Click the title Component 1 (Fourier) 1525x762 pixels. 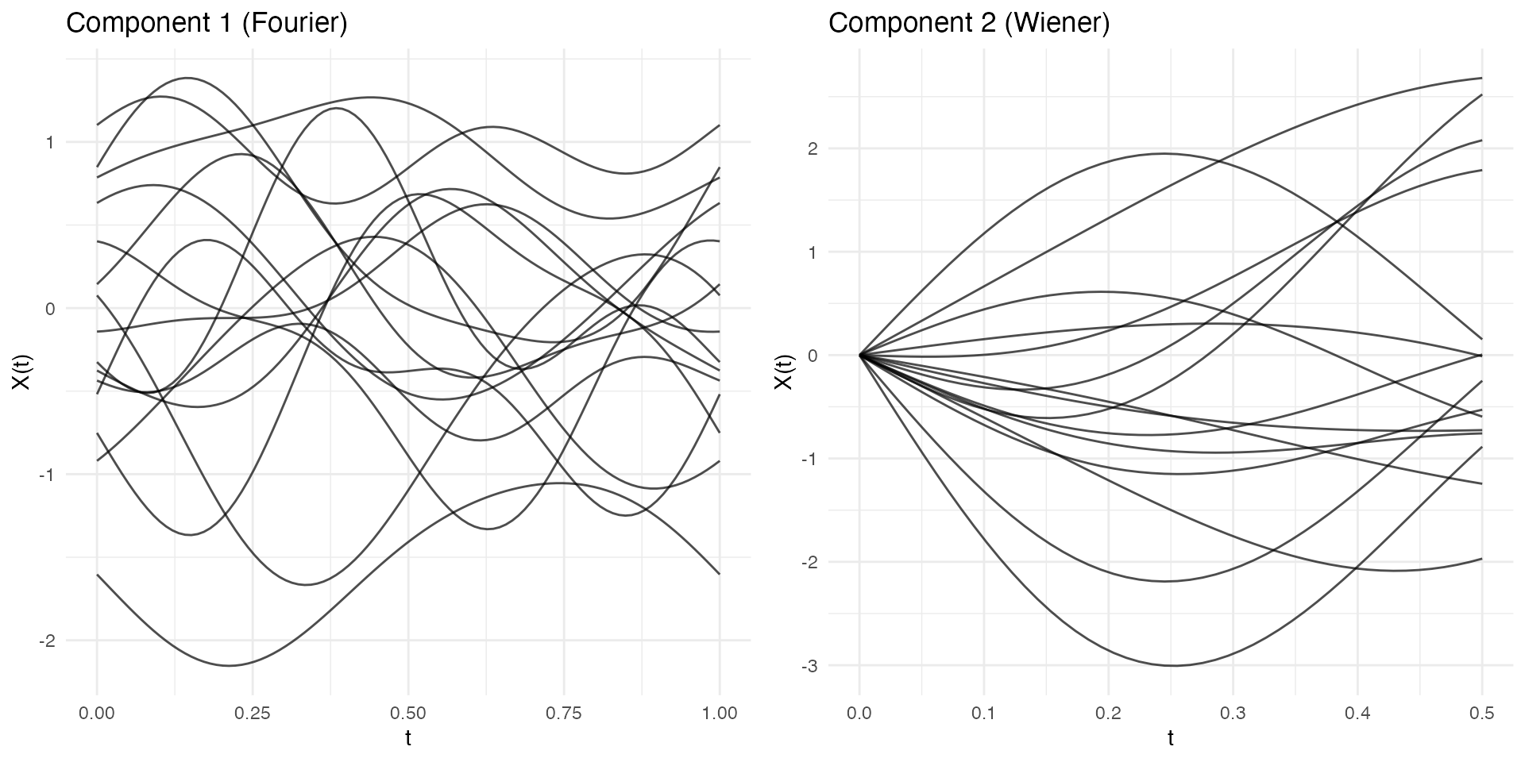pos(207,23)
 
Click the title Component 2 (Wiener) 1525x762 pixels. pos(969,23)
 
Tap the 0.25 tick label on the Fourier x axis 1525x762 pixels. pos(253,714)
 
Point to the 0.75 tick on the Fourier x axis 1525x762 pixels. pos(564,714)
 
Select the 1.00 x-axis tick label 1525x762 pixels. pos(720,714)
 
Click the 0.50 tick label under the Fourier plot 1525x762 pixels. pos(408,714)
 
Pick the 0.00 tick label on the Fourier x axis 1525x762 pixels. pos(97,714)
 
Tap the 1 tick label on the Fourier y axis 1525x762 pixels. pos(49,143)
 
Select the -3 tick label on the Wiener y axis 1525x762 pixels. pos(809,666)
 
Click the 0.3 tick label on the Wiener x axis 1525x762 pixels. pos(1233,714)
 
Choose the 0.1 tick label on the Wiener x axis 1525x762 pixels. pos(983,714)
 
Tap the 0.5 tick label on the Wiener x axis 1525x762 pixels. pos(1482,714)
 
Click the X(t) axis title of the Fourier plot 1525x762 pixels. pos(21,371)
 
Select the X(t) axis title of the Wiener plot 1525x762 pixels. pos(784,371)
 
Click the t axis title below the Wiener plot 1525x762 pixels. pos(1171,739)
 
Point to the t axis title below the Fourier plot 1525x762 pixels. pos(408,739)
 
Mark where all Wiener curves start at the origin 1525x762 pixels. pos(859,355)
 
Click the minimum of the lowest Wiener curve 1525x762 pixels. pos(1173,665)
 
